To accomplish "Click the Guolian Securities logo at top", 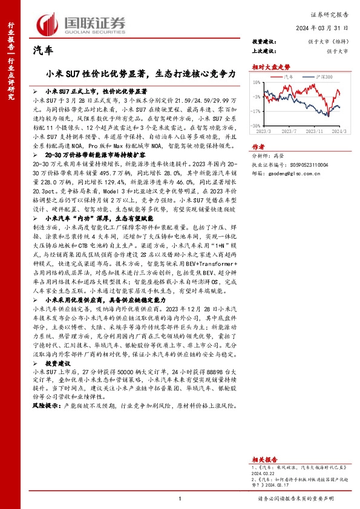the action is coord(81,24).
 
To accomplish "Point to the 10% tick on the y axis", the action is coord(258,82).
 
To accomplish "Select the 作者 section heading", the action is coord(258,146).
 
